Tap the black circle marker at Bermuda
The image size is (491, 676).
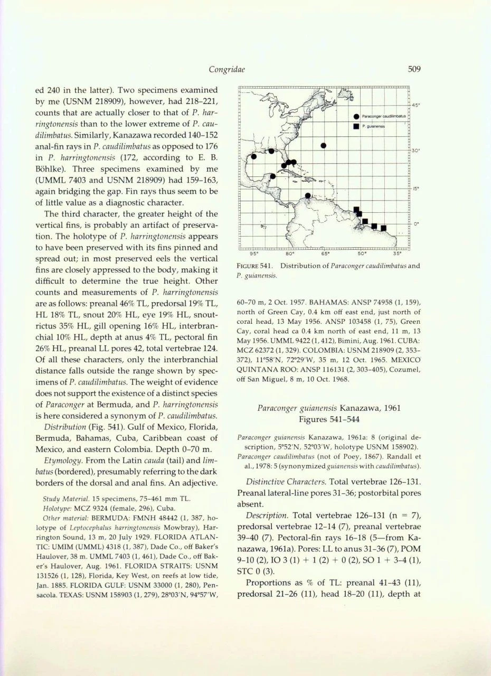[323, 145]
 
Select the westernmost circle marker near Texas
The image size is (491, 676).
[253, 156]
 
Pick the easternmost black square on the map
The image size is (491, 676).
[384, 228]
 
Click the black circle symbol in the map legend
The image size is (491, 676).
[357, 116]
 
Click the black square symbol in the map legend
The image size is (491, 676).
[357, 126]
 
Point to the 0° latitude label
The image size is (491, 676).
[416, 223]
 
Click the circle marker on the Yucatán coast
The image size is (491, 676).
[273, 176]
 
